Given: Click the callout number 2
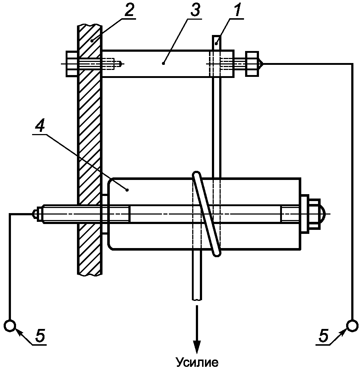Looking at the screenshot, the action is coord(129,10).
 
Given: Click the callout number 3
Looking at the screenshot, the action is coord(195,11).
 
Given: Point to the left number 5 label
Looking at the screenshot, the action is coord(40,336).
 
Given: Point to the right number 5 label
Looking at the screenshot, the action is coord(324,335).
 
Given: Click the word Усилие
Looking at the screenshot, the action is coord(197,363).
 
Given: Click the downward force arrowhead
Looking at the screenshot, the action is coord(197,348).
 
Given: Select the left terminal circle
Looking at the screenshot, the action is coord(10,326).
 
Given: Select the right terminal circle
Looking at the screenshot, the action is coord(352,326).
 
